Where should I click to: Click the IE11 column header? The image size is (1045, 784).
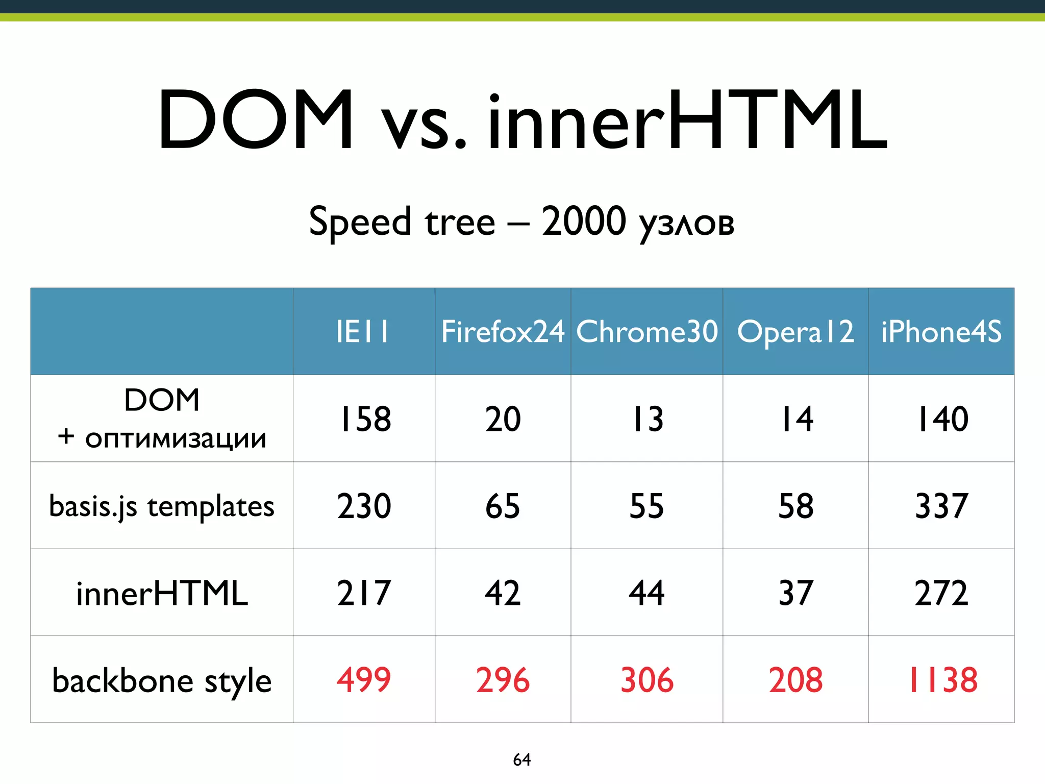[x=363, y=332]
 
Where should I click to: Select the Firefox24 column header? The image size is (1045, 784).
[x=503, y=332]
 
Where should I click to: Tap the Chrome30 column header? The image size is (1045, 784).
[x=646, y=332]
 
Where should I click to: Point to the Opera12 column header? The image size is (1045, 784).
[x=795, y=332]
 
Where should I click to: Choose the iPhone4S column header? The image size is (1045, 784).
[x=941, y=332]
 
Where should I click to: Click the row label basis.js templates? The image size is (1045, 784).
[x=162, y=506]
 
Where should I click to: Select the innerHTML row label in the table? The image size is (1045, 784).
[x=162, y=594]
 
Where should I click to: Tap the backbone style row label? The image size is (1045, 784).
[x=162, y=681]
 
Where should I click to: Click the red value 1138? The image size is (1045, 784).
[x=943, y=680]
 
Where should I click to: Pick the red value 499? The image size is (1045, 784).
[x=364, y=680]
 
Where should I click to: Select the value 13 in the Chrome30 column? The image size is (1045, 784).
[x=647, y=419]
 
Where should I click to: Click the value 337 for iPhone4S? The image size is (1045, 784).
[x=941, y=506]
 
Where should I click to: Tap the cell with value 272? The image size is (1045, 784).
[x=941, y=593]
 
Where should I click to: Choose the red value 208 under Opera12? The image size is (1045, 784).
[x=796, y=680]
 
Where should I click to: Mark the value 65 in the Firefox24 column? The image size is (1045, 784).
[x=503, y=506]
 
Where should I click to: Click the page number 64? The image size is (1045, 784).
[x=522, y=759]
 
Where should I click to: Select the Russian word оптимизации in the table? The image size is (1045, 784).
[x=176, y=439]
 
